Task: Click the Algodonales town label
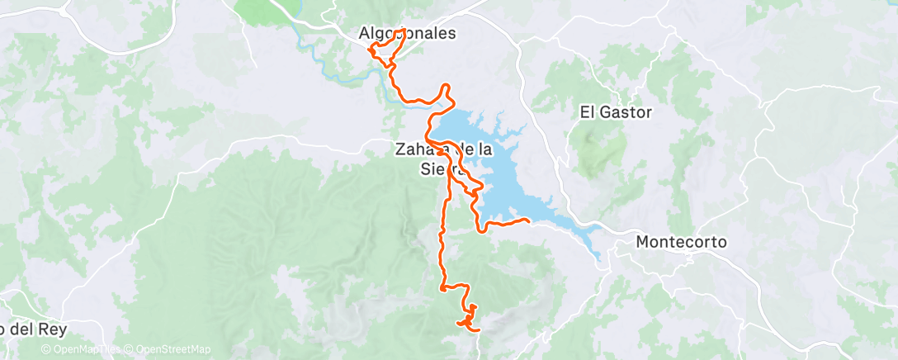(407, 35)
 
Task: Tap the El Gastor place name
(616, 112)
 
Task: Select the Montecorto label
(681, 243)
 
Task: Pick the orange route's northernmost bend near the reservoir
(447, 87)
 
